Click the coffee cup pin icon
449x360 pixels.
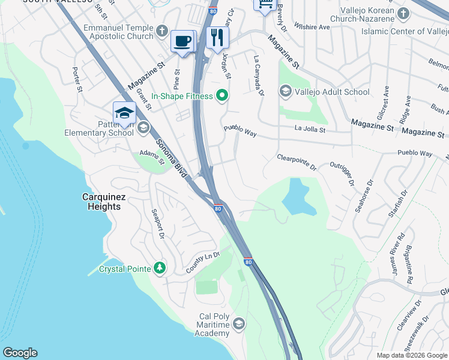[x=183, y=41]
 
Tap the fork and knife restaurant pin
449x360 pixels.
[x=217, y=38]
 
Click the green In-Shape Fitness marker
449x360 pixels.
[x=222, y=95]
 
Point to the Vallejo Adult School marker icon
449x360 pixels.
[x=285, y=91]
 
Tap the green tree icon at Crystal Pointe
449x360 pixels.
[x=159, y=268]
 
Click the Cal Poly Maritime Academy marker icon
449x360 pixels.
[x=239, y=325]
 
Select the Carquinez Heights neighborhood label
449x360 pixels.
[x=101, y=202]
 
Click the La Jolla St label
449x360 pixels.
[x=310, y=128]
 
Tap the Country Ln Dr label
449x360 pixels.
[x=203, y=262]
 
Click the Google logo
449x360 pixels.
[x=20, y=353]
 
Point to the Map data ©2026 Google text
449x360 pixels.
[x=412, y=355]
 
